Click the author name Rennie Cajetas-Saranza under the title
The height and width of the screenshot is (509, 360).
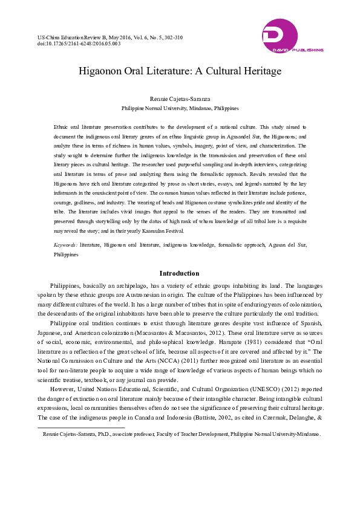pos(180,99)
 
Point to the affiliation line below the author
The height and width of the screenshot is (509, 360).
pos(180,108)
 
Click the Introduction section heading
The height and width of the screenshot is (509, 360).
pos(179,273)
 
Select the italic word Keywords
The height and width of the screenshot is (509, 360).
pos(65,246)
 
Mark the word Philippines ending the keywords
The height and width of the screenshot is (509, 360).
pos(66,255)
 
